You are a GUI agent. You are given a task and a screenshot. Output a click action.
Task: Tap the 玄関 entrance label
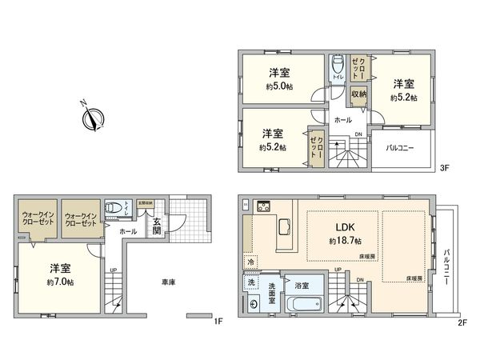point(158,226)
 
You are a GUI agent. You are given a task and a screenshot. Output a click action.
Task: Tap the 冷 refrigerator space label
point(250,262)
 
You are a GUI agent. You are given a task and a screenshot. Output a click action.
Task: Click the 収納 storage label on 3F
point(358,94)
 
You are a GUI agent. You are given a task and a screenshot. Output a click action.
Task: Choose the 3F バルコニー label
point(401,148)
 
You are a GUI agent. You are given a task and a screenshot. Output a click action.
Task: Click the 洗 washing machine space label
point(250,282)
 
